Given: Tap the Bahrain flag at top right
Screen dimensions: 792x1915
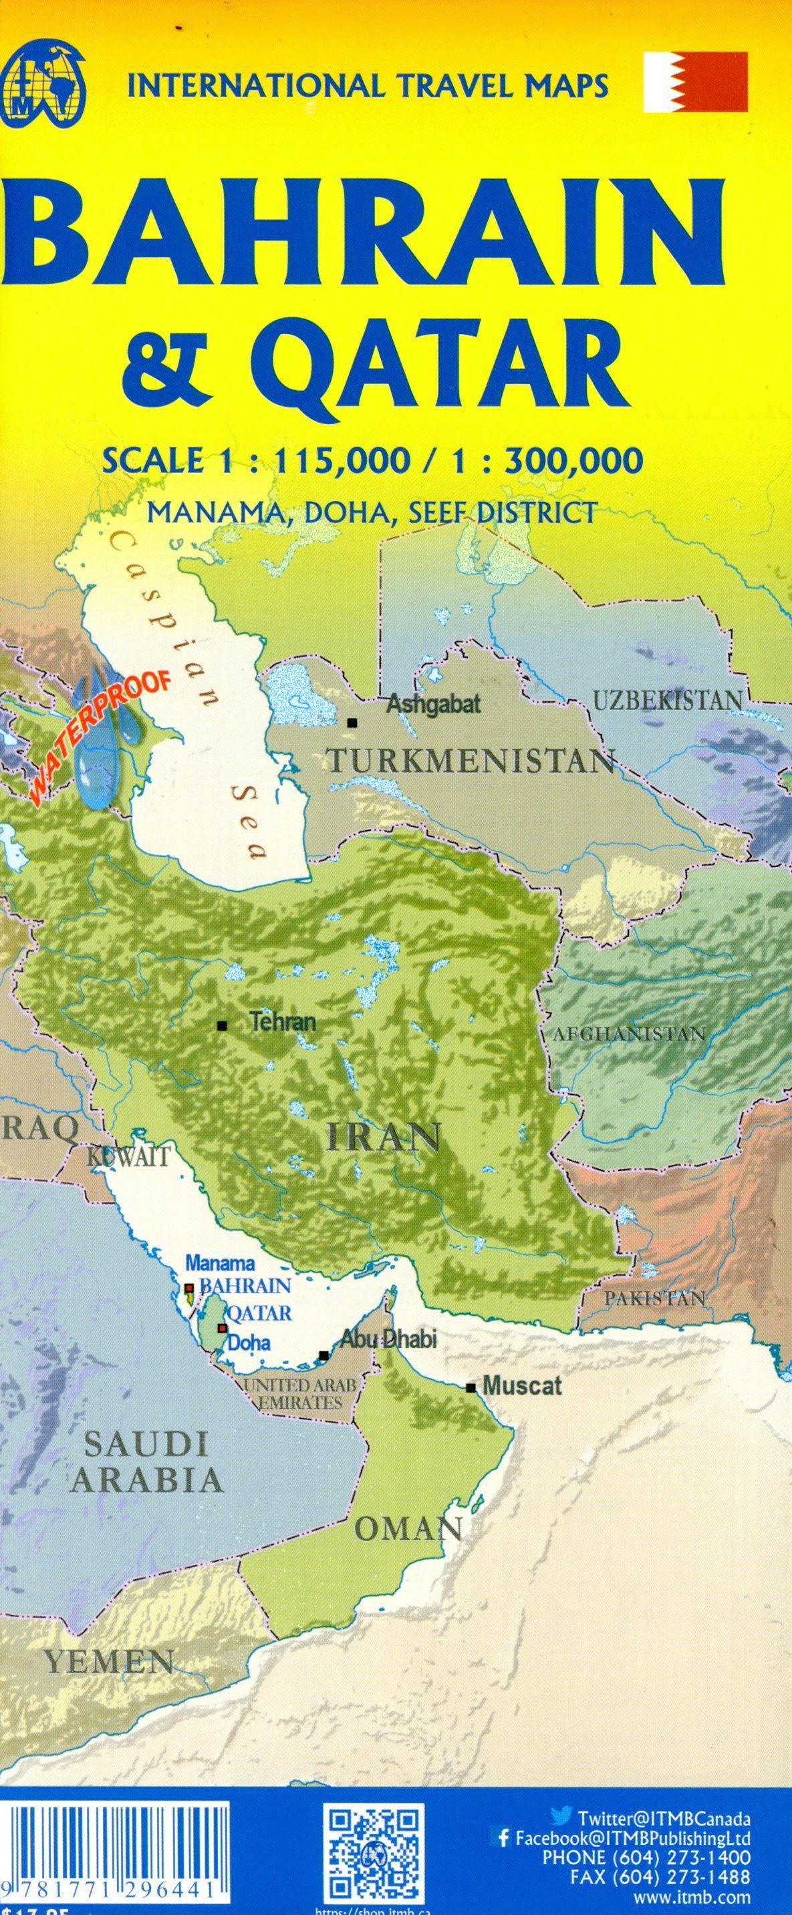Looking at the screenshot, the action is [x=695, y=81].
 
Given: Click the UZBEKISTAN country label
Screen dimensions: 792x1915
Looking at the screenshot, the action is [x=668, y=700].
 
